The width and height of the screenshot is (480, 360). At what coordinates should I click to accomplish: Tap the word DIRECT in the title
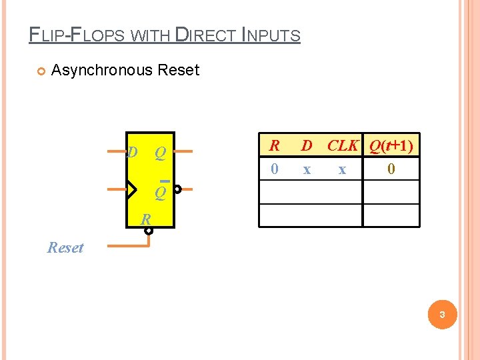click(204, 35)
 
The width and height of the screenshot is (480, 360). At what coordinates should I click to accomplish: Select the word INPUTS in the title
click(272, 35)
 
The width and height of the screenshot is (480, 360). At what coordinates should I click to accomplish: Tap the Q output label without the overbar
click(160, 153)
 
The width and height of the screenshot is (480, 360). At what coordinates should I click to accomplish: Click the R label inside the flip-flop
click(145, 219)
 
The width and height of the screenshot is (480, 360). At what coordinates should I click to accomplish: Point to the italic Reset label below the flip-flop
click(65, 248)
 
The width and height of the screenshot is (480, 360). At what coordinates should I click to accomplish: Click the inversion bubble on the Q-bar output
click(178, 189)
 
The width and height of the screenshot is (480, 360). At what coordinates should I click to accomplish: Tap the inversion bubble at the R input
click(149, 231)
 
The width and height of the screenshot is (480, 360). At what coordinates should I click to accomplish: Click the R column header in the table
click(273, 145)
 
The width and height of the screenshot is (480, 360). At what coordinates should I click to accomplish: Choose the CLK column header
click(343, 145)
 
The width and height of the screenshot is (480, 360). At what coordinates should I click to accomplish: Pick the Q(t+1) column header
click(390, 145)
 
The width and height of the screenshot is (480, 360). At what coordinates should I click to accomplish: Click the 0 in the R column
click(274, 170)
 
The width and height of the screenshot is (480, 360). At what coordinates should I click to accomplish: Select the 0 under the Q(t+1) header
click(391, 170)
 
